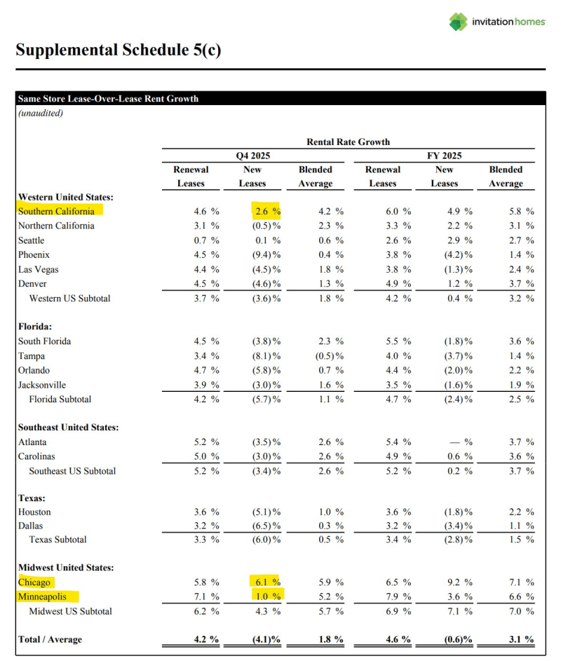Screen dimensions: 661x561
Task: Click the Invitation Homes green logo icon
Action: [459, 22]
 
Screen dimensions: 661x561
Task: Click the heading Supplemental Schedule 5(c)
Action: [118, 50]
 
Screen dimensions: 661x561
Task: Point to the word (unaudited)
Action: [40, 113]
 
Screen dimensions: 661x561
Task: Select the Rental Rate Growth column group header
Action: [348, 142]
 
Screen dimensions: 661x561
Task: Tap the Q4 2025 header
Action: [252, 156]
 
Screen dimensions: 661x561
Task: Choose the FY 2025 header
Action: [444, 156]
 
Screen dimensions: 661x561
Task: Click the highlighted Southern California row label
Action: [56, 210]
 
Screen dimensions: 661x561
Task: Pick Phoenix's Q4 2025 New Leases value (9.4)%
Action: [266, 255]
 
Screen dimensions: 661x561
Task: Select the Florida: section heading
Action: [34, 327]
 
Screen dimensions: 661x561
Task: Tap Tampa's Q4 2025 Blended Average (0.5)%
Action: [330, 356]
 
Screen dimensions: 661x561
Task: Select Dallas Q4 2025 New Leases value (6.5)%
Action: [266, 526]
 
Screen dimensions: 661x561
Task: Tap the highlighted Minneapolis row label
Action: [47, 597]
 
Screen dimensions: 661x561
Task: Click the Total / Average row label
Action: [50, 639]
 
